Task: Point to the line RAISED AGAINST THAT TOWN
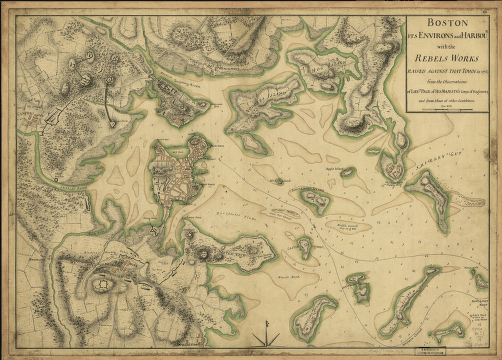coord(447,69)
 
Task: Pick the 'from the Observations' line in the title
coord(447,80)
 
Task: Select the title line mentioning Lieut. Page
coord(447,91)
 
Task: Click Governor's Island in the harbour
coord(316,200)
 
